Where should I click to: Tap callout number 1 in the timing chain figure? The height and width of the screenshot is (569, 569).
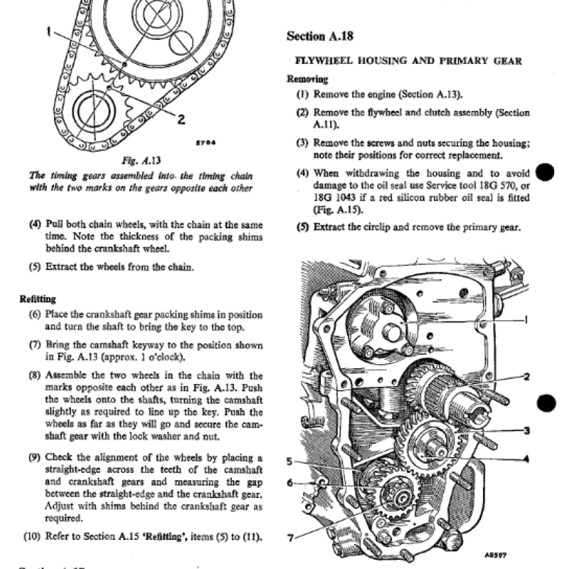tap(48, 31)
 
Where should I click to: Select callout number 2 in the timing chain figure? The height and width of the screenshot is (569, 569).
tap(181, 119)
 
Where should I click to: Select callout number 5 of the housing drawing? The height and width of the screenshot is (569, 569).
tap(289, 461)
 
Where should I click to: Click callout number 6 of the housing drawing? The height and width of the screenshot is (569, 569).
tap(289, 483)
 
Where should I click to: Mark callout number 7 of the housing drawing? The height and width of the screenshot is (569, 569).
tap(289, 538)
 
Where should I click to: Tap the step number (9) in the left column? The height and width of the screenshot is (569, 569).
tap(35, 457)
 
